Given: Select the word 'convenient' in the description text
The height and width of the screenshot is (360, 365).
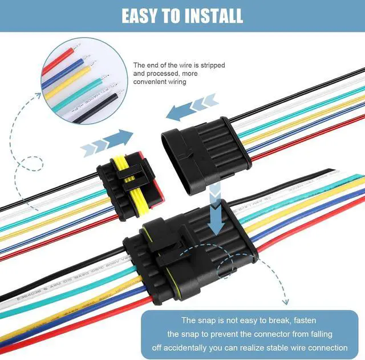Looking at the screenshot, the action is [151, 82].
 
